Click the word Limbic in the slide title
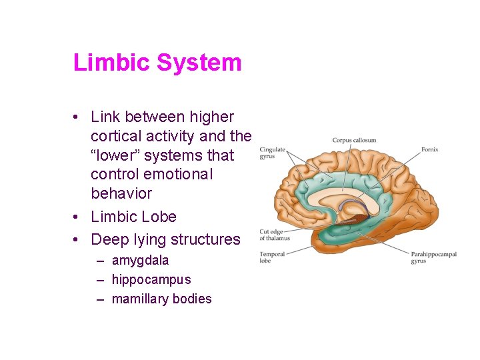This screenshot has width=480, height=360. click(111, 63)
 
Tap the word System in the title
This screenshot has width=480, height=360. click(199, 63)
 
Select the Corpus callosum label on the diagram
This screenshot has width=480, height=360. click(354, 140)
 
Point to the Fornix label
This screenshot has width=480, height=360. click(429, 149)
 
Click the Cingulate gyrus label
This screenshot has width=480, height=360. click(271, 153)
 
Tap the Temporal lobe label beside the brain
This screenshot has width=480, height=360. click(272, 257)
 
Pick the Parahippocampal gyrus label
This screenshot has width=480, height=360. click(427, 257)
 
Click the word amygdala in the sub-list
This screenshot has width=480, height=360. click(140, 261)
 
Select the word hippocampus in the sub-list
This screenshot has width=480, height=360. click(151, 280)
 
